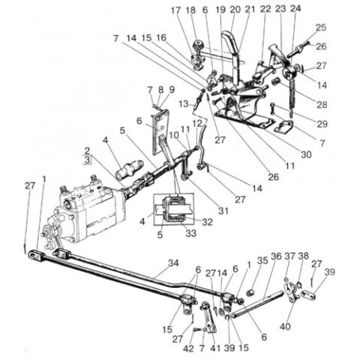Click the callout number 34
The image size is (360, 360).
pyautogui.click(x=173, y=263)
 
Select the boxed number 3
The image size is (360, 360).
pyautogui.click(x=87, y=160)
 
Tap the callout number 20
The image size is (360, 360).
pyautogui.click(x=235, y=10)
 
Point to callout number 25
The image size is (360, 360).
pyautogui.click(x=321, y=27)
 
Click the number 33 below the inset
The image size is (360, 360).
pyautogui.click(x=190, y=233)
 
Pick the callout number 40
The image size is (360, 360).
pyautogui.click(x=285, y=326)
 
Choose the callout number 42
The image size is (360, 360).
pyautogui.click(x=188, y=348)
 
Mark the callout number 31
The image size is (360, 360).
pyautogui.click(x=223, y=211)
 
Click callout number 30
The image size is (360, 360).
pyautogui.click(x=306, y=154)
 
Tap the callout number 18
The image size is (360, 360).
pyautogui.click(x=190, y=10)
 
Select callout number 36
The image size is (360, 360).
pyautogui.click(x=276, y=256)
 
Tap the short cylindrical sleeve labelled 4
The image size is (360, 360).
pyautogui.click(x=129, y=169)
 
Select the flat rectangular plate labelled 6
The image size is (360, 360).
pyautogui.click(x=159, y=133)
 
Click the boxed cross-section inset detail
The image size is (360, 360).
pyautogui.click(x=173, y=209)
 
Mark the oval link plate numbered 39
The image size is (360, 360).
pyautogui.click(x=307, y=295)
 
